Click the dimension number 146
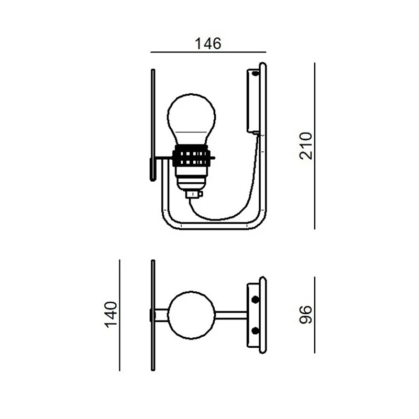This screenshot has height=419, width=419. click(x=208, y=43)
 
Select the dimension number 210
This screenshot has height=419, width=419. click(x=306, y=146)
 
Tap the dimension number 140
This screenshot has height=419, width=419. click(x=111, y=315)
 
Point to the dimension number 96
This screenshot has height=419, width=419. click(x=306, y=315)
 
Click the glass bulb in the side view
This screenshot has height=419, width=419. click(x=191, y=119)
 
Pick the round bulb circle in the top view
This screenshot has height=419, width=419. click(x=191, y=315)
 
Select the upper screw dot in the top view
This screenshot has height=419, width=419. click(x=256, y=299)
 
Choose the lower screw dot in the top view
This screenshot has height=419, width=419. click(x=256, y=331)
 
